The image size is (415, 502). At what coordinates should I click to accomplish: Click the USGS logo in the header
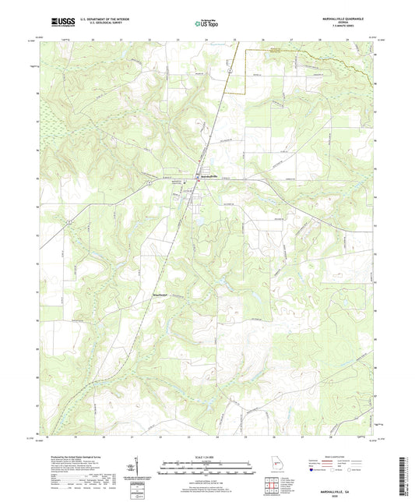point(58,23)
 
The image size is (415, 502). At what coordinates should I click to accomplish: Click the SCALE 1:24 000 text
point(206,456)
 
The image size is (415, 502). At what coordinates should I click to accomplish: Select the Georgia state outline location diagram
point(280,466)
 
